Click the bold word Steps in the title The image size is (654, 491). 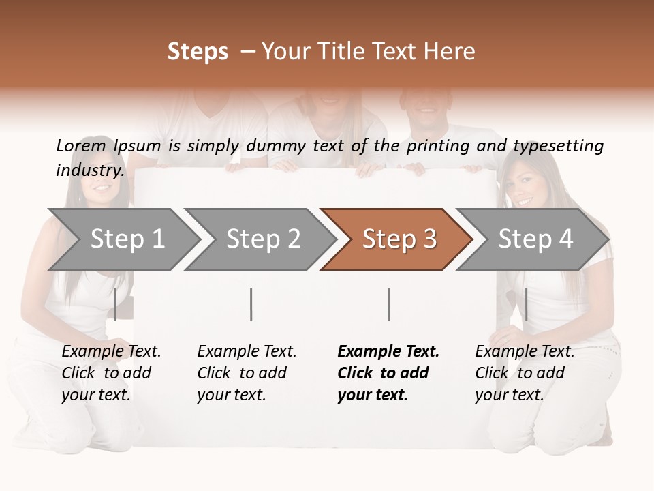point(198,52)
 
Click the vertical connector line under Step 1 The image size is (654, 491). point(115,305)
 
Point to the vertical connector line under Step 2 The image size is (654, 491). point(251,305)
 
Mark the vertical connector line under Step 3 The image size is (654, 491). point(388,305)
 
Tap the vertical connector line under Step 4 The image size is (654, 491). point(526,305)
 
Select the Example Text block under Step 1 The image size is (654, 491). point(110,373)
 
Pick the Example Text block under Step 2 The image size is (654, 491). point(246,373)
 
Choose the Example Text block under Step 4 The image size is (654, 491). point(524,373)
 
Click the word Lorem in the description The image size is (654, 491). point(81,145)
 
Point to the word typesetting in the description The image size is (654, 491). point(558,145)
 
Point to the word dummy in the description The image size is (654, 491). point(276,145)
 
